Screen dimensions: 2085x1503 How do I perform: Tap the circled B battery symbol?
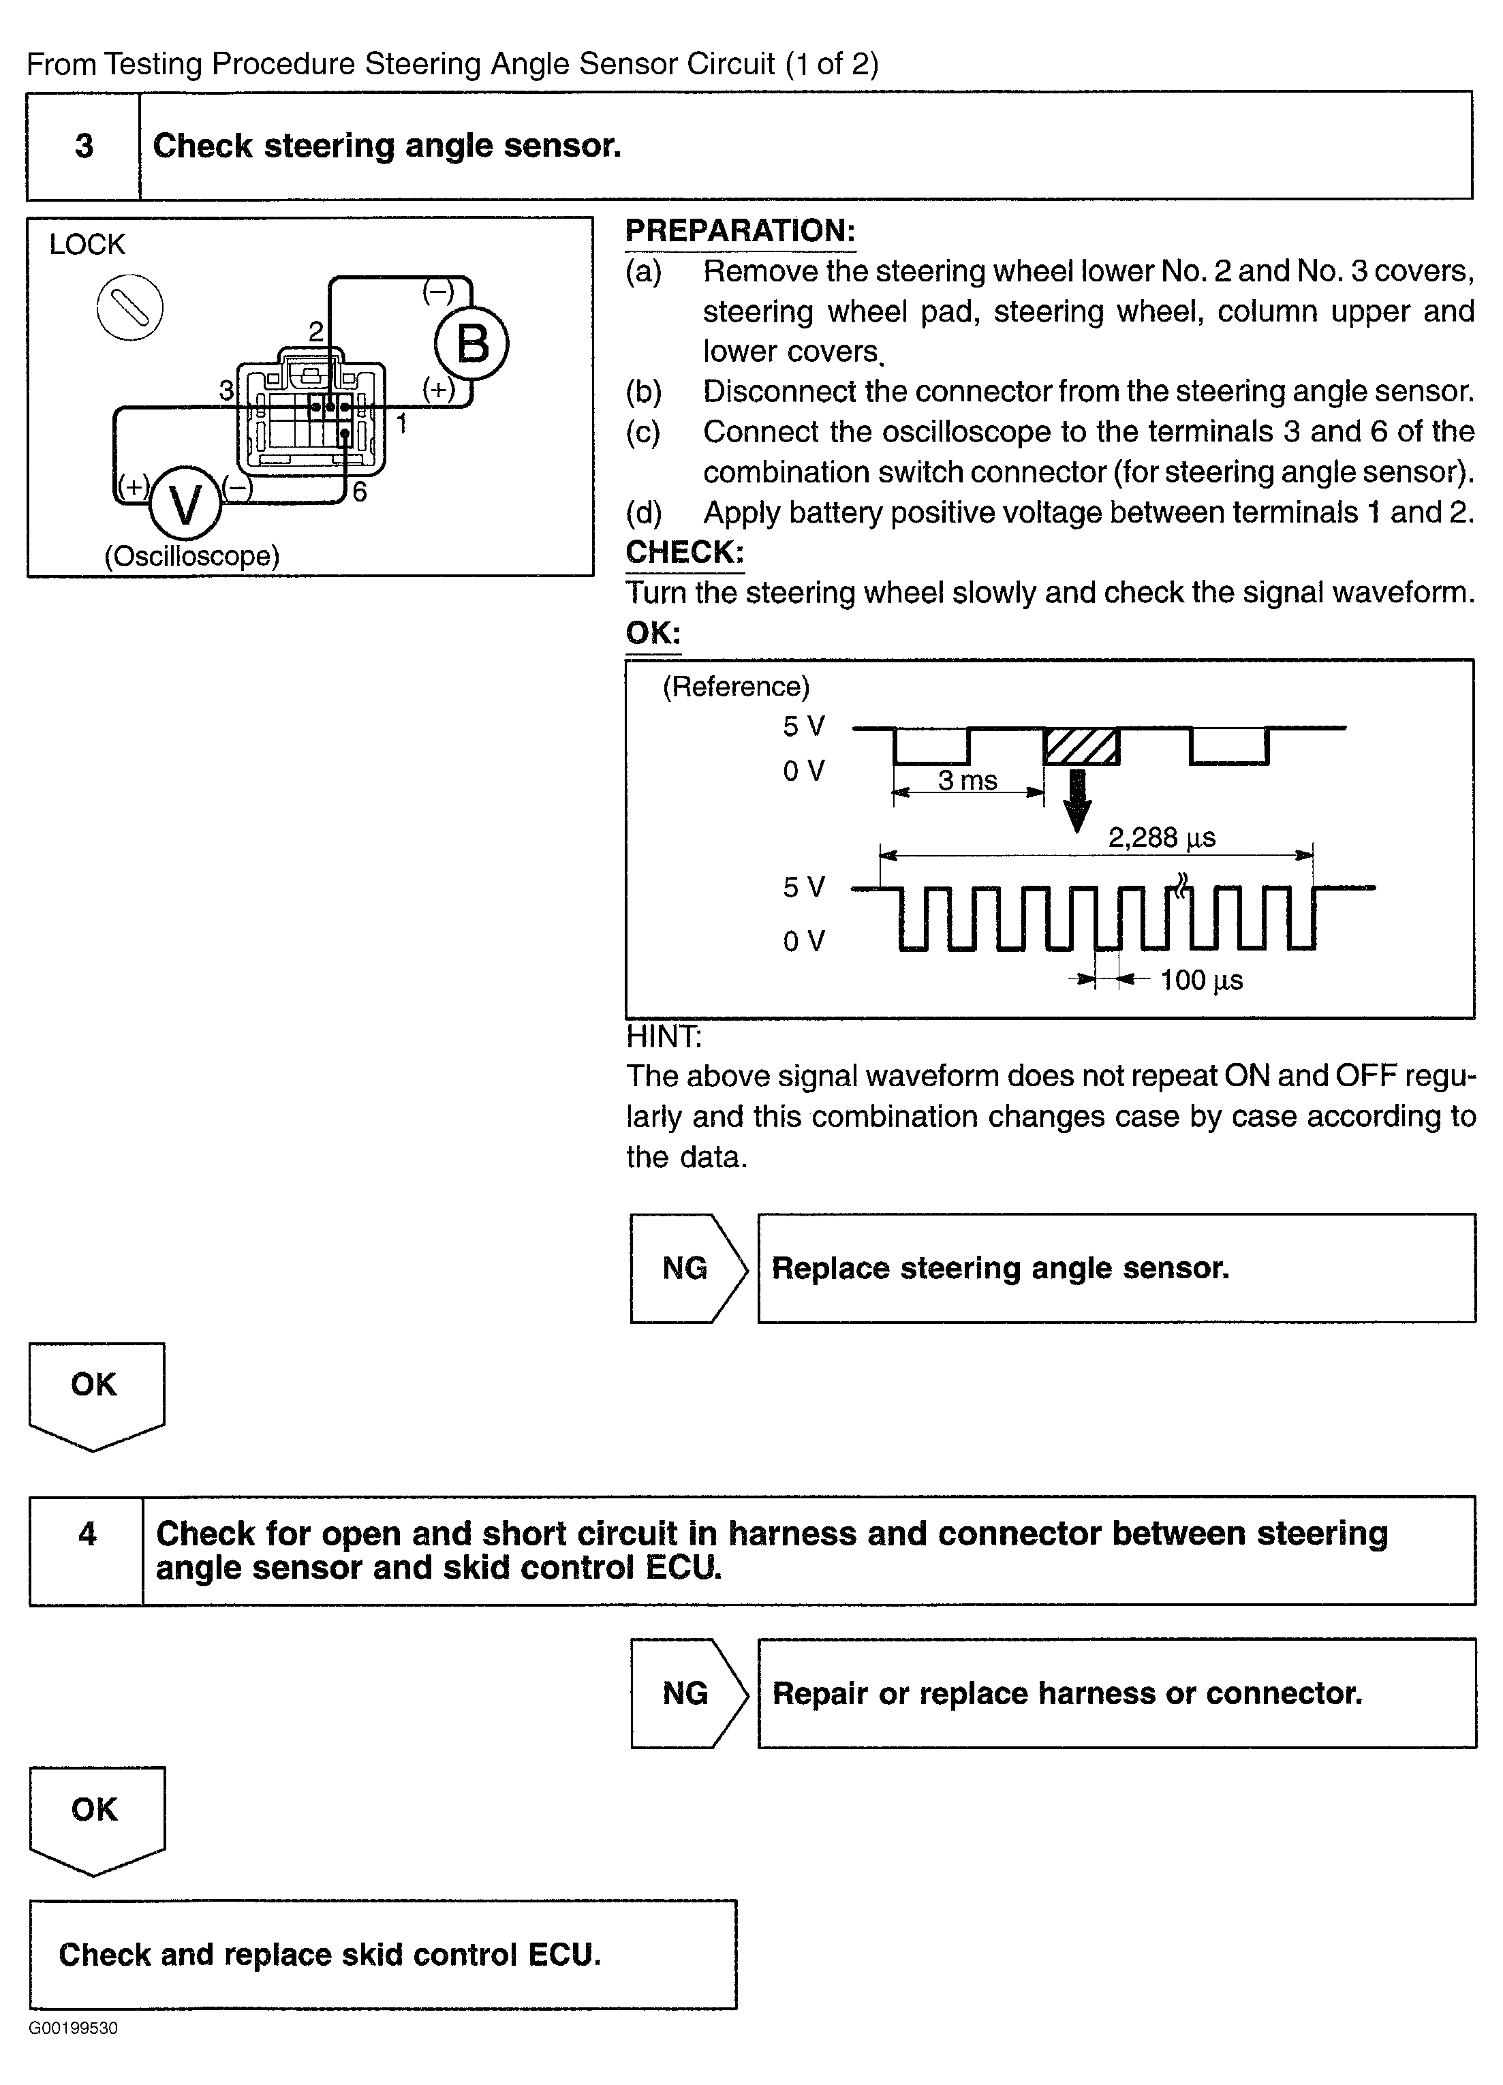(471, 345)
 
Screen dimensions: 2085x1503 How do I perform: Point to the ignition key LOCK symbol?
(129, 307)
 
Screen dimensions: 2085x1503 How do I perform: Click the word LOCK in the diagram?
(87, 245)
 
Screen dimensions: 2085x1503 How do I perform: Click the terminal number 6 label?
(360, 493)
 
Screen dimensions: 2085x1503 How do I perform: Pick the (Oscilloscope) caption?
(191, 556)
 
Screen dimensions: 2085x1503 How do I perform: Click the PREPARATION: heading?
(740, 231)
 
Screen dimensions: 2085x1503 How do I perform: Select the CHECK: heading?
(684, 552)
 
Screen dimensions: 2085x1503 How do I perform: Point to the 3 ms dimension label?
(967, 780)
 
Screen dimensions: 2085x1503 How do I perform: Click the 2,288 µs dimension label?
(1161, 837)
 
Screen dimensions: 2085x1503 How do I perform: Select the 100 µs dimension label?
(1200, 980)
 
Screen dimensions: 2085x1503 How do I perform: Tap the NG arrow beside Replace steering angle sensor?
(687, 1269)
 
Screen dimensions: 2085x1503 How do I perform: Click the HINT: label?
(663, 1037)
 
